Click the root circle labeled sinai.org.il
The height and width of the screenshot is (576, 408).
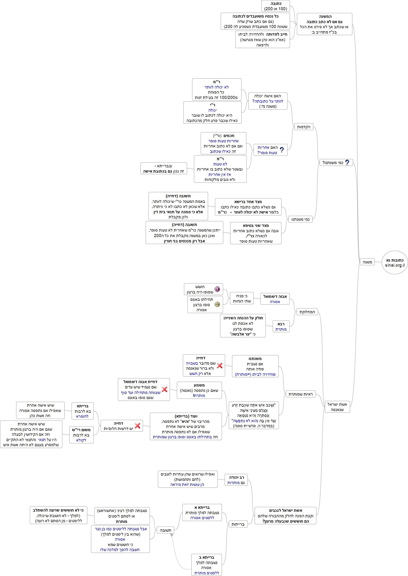tap(394, 262)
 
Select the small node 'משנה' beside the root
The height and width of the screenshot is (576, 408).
tap(367, 262)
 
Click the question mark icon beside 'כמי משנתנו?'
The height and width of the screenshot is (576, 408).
tap(347, 162)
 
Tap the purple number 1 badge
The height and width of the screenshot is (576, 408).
tap(217, 289)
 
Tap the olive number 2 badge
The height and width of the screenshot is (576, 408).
tap(217, 305)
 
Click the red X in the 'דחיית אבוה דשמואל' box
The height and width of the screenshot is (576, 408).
tap(164, 390)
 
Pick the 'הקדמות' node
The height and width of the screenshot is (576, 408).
tap(303, 127)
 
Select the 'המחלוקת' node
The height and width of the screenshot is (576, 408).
tap(307, 312)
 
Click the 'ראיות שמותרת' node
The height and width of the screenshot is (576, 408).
tap(300, 394)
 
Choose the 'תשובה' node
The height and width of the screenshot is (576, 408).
tap(165, 530)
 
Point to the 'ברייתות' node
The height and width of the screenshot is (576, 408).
tap(238, 524)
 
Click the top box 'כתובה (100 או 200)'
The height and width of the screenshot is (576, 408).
tap(276, 6)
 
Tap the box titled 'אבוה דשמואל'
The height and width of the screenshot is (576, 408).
tap(275, 299)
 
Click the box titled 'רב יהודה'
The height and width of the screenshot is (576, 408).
tap(236, 480)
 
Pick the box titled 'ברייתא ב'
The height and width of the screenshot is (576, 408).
tap(206, 565)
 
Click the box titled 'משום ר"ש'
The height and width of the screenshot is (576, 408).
tap(81, 435)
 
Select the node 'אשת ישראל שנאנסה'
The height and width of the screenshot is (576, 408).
tap(337, 407)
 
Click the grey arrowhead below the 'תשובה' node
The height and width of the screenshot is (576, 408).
tap(172, 536)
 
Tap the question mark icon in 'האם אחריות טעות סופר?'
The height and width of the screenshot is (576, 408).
tap(282, 150)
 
